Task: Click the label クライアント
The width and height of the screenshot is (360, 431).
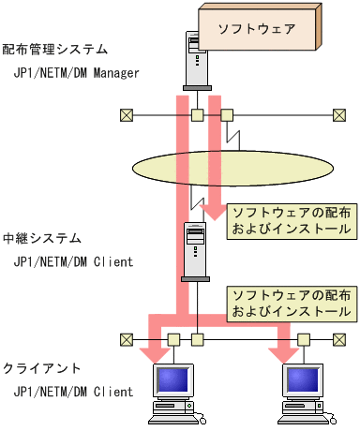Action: click(42, 369)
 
